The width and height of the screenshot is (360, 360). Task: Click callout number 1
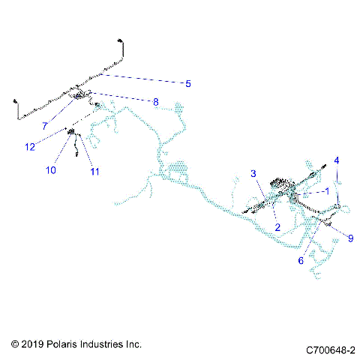327,191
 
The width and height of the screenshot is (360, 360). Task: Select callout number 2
277,227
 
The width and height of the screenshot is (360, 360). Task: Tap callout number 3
253,173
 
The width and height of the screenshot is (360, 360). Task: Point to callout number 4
337,160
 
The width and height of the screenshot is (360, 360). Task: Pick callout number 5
188,84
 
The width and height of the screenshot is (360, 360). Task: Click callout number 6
301,260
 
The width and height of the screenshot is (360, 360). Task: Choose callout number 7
45,126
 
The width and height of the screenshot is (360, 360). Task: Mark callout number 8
156,102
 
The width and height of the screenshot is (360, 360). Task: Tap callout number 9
351,238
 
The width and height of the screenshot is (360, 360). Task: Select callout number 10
51,170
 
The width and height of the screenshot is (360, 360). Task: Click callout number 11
94,172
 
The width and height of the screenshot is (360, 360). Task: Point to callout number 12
30,147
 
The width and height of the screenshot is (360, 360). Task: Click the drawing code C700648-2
331,350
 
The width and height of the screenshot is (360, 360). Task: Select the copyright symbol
15,344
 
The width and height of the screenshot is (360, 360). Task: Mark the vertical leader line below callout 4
337,185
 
